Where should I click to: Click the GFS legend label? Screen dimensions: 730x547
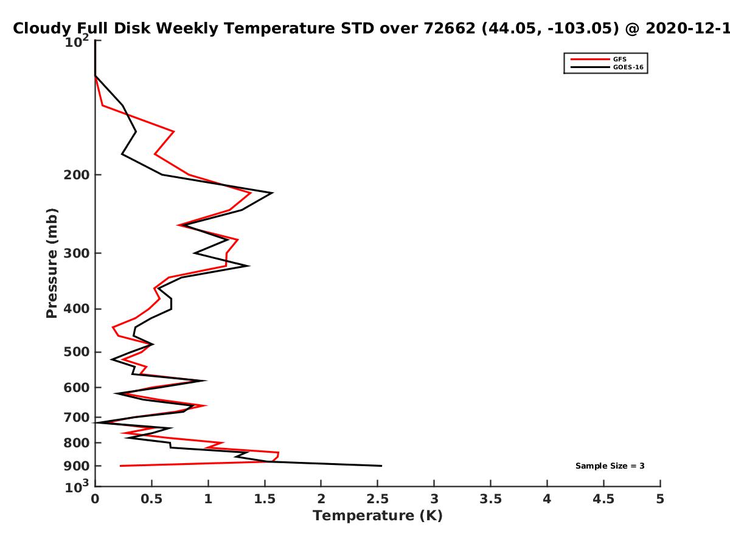pyautogui.click(x=619, y=60)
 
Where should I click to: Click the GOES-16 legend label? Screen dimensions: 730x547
pyautogui.click(x=628, y=67)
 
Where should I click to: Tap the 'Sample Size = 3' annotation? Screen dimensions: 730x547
pyautogui.click(x=610, y=466)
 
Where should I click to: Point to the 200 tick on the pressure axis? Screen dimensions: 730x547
pyautogui.click(x=77, y=174)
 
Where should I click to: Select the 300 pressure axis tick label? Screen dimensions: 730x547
pyautogui.click(x=77, y=253)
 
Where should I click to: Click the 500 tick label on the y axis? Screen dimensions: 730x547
pyautogui.click(x=77, y=352)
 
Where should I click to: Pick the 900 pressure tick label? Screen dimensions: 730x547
pyautogui.click(x=77, y=466)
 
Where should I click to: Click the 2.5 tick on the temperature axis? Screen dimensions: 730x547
pyautogui.click(x=378, y=499)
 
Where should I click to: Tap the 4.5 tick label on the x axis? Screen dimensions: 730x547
pyautogui.click(x=603, y=499)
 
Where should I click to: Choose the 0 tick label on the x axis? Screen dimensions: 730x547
pyautogui.click(x=95, y=499)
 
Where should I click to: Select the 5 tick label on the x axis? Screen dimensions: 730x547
pyautogui.click(x=660, y=499)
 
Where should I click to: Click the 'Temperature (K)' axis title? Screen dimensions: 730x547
pyautogui.click(x=378, y=516)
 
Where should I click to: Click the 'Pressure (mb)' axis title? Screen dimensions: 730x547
pyautogui.click(x=52, y=263)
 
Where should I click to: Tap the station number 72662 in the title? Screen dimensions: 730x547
pyautogui.click(x=450, y=28)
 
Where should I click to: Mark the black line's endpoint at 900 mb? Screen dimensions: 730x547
pyautogui.click(x=381, y=466)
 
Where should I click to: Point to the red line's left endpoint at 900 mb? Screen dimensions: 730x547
pyautogui.click(x=120, y=466)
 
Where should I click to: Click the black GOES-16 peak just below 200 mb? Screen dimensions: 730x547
pyautogui.click(x=273, y=193)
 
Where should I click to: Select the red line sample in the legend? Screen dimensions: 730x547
pyautogui.click(x=590, y=60)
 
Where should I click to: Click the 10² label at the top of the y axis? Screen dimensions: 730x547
pyautogui.click(x=77, y=41)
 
